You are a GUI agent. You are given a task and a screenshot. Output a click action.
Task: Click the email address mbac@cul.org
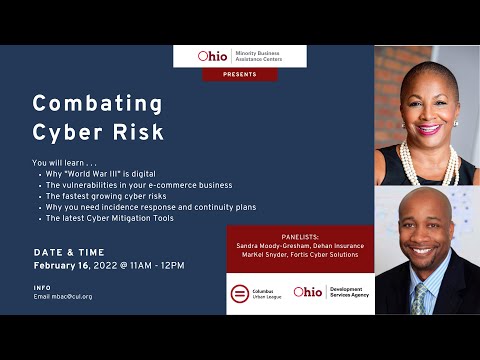72,296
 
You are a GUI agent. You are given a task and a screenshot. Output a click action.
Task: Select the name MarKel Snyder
261,256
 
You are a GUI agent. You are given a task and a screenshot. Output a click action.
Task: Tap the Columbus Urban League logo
257,292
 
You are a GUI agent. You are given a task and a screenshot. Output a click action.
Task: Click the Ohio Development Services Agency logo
331,292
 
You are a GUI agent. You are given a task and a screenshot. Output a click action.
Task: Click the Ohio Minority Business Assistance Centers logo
240,56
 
